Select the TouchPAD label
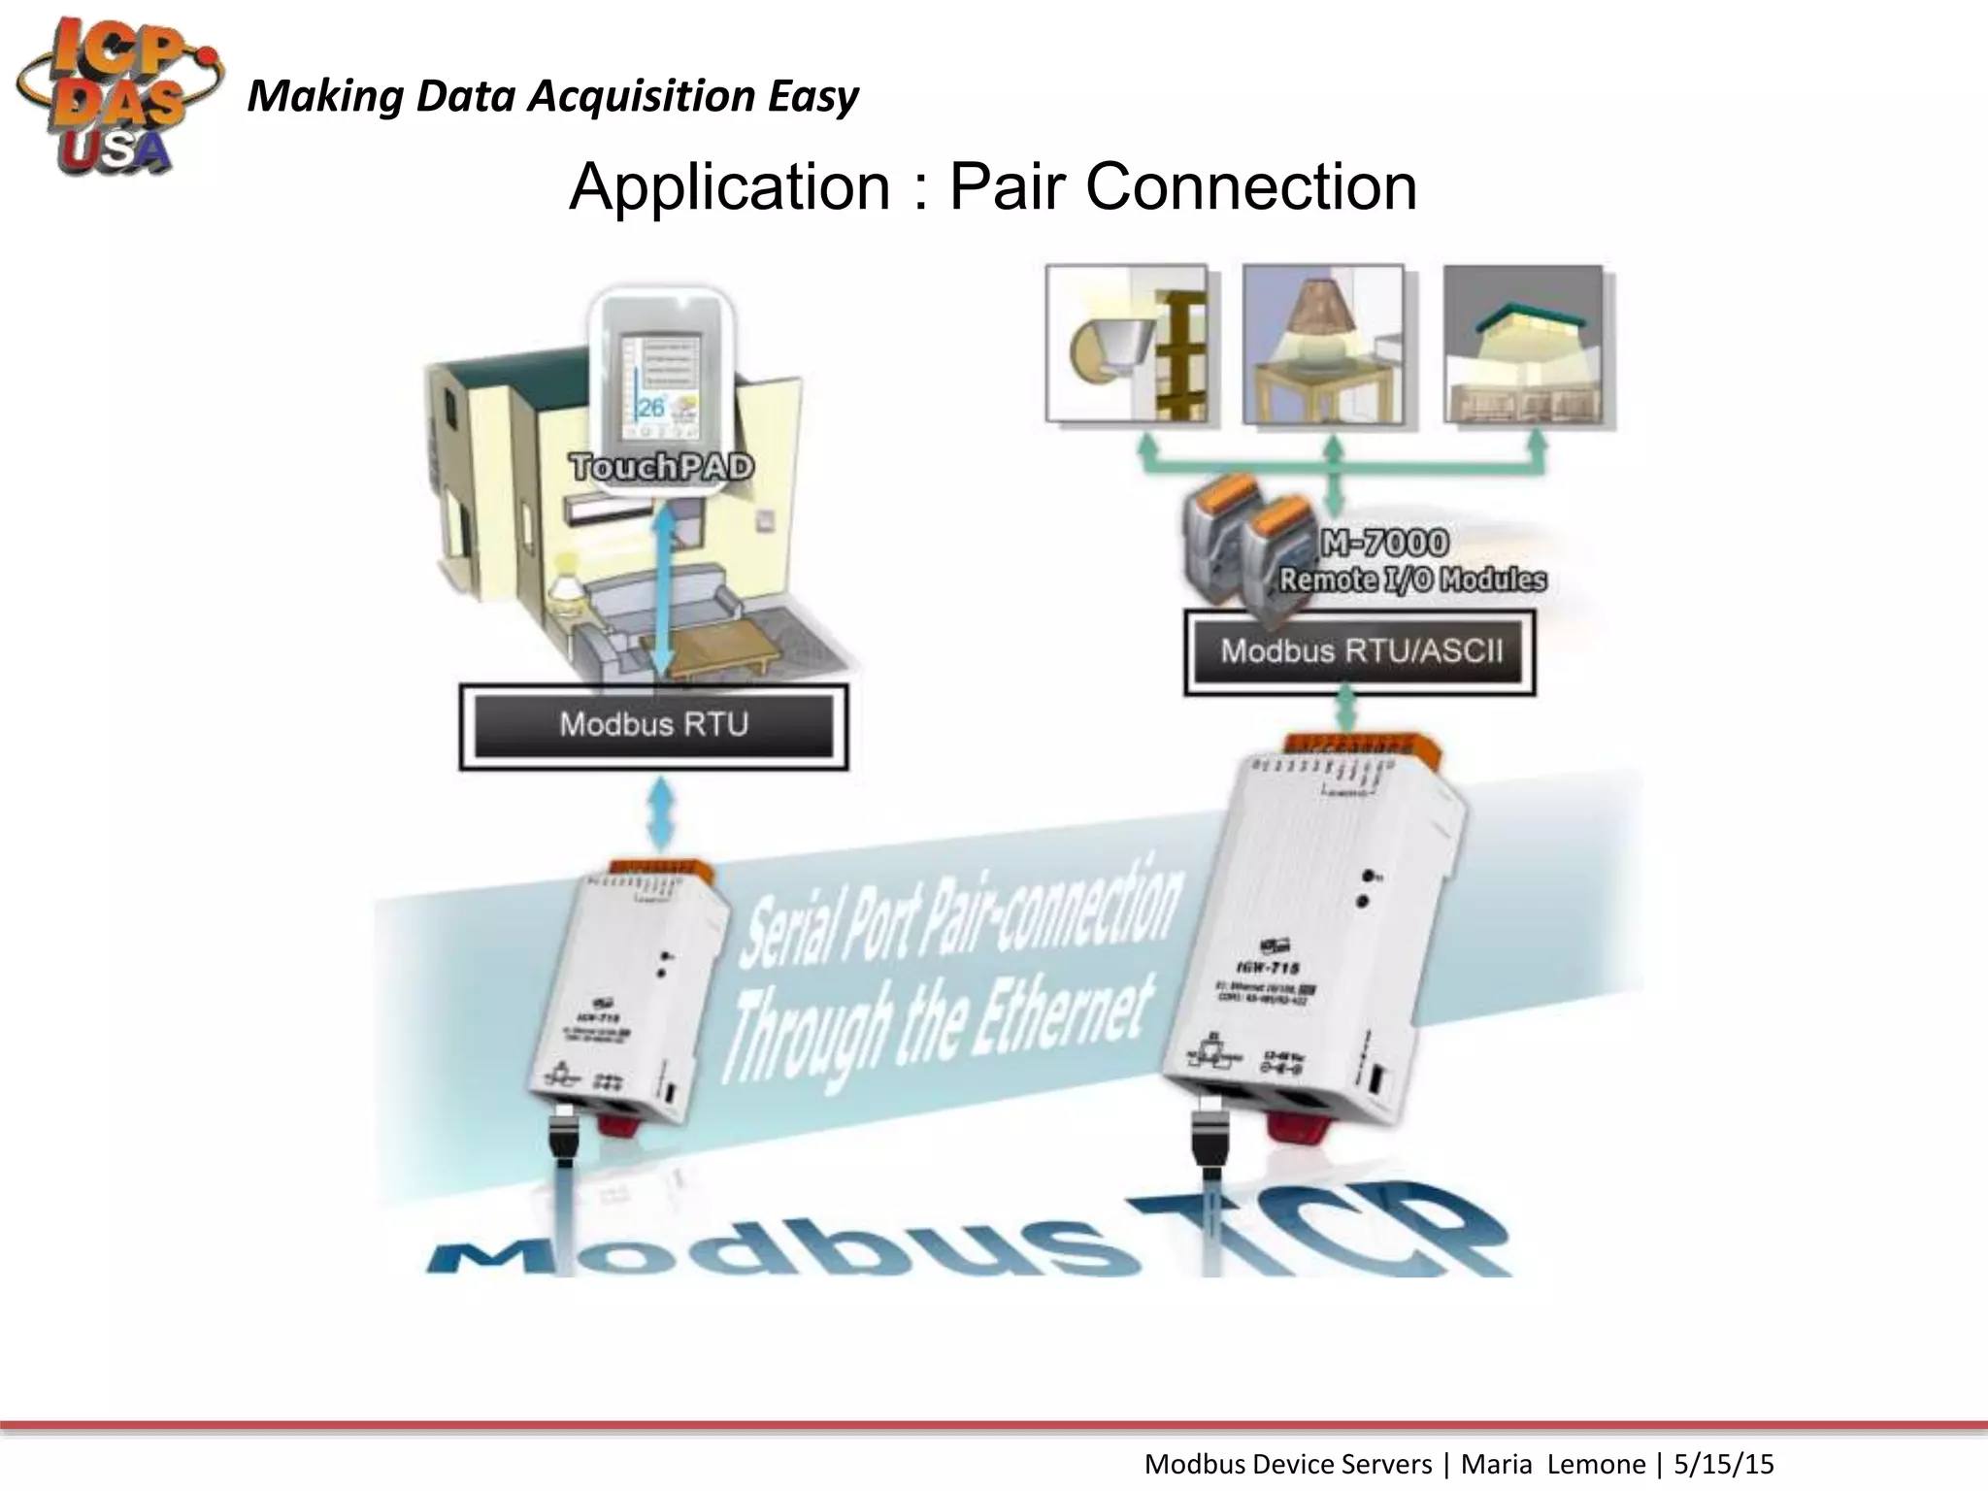[x=662, y=468]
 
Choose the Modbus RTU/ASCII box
[x=1360, y=651]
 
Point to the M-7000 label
[x=1386, y=543]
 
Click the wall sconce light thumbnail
[x=1127, y=345]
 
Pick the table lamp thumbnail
[x=1324, y=345]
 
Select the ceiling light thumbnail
[x=1523, y=345]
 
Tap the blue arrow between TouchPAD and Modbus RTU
[x=663, y=592]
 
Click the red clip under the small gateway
[x=622, y=1121]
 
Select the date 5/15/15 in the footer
[x=1724, y=1464]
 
